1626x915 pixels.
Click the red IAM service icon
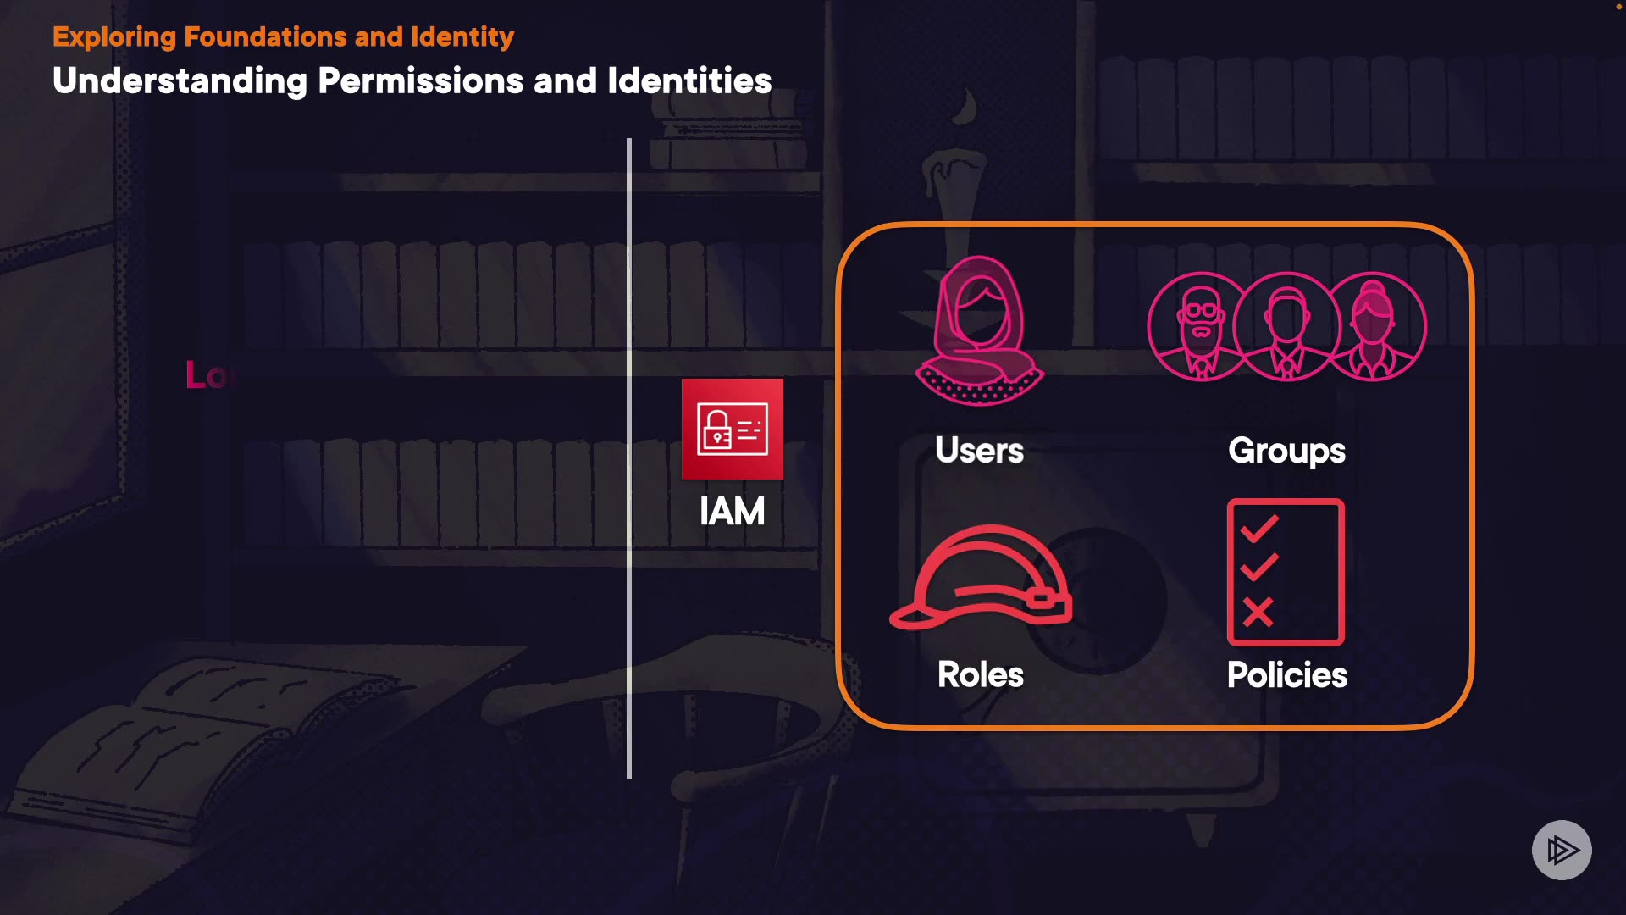point(733,429)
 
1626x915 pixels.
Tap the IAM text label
point(733,512)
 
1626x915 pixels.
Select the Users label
point(979,451)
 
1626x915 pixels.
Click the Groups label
point(1286,452)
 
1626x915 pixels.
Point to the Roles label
point(981,675)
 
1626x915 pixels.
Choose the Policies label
point(1286,675)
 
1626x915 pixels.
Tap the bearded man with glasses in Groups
point(1200,327)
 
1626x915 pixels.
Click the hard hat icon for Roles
point(981,578)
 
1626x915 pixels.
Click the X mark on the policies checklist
point(1258,612)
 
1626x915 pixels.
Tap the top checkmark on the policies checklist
point(1259,530)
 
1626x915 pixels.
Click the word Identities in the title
point(689,81)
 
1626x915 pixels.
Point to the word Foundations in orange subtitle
point(265,37)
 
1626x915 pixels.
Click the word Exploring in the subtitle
point(114,37)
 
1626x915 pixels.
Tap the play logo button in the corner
point(1562,850)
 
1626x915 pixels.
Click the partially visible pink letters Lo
point(207,375)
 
